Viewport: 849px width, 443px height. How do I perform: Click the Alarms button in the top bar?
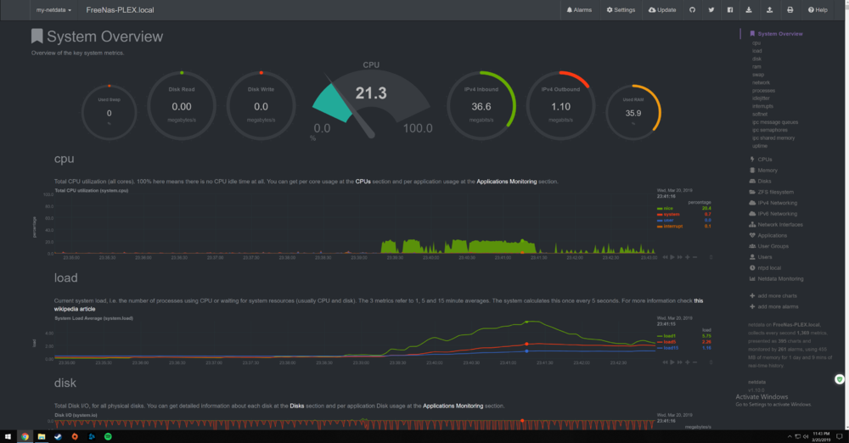[x=580, y=10]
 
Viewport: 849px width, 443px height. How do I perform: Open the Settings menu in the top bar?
[x=621, y=10]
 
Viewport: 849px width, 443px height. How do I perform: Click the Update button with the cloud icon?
[x=662, y=10]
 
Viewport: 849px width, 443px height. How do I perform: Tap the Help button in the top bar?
[x=818, y=10]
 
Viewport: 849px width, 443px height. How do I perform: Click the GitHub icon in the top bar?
[x=692, y=10]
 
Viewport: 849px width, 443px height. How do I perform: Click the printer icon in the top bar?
[x=790, y=10]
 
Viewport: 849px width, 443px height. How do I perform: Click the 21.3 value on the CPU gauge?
[x=371, y=93]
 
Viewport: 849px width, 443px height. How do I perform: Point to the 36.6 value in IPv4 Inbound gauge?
[x=481, y=107]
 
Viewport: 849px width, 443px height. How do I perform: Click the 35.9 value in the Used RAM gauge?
[x=633, y=113]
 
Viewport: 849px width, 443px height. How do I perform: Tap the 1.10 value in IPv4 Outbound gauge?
[x=560, y=107]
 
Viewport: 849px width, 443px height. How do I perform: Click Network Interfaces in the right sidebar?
[x=780, y=225]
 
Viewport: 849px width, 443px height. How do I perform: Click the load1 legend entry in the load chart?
[x=671, y=336]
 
